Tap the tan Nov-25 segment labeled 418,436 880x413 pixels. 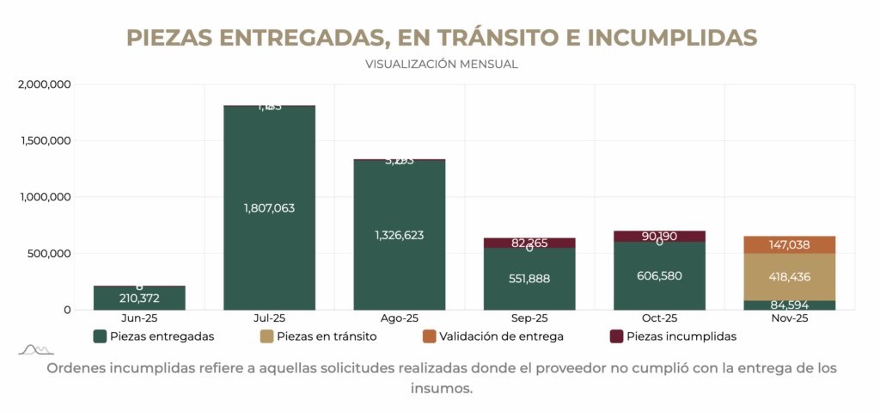pos(789,277)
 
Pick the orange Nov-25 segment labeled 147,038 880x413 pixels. pos(789,244)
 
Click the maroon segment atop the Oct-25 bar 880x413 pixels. pos(659,236)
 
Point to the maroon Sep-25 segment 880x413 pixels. pos(529,243)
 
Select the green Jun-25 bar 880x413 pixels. pos(139,298)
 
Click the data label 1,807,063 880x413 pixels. pos(269,208)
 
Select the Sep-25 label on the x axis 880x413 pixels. pos(529,318)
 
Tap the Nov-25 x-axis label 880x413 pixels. pos(789,318)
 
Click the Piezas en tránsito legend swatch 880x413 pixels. pos(266,336)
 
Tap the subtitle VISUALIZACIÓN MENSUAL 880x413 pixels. pos(441,64)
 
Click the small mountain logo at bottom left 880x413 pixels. pos(36,348)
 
